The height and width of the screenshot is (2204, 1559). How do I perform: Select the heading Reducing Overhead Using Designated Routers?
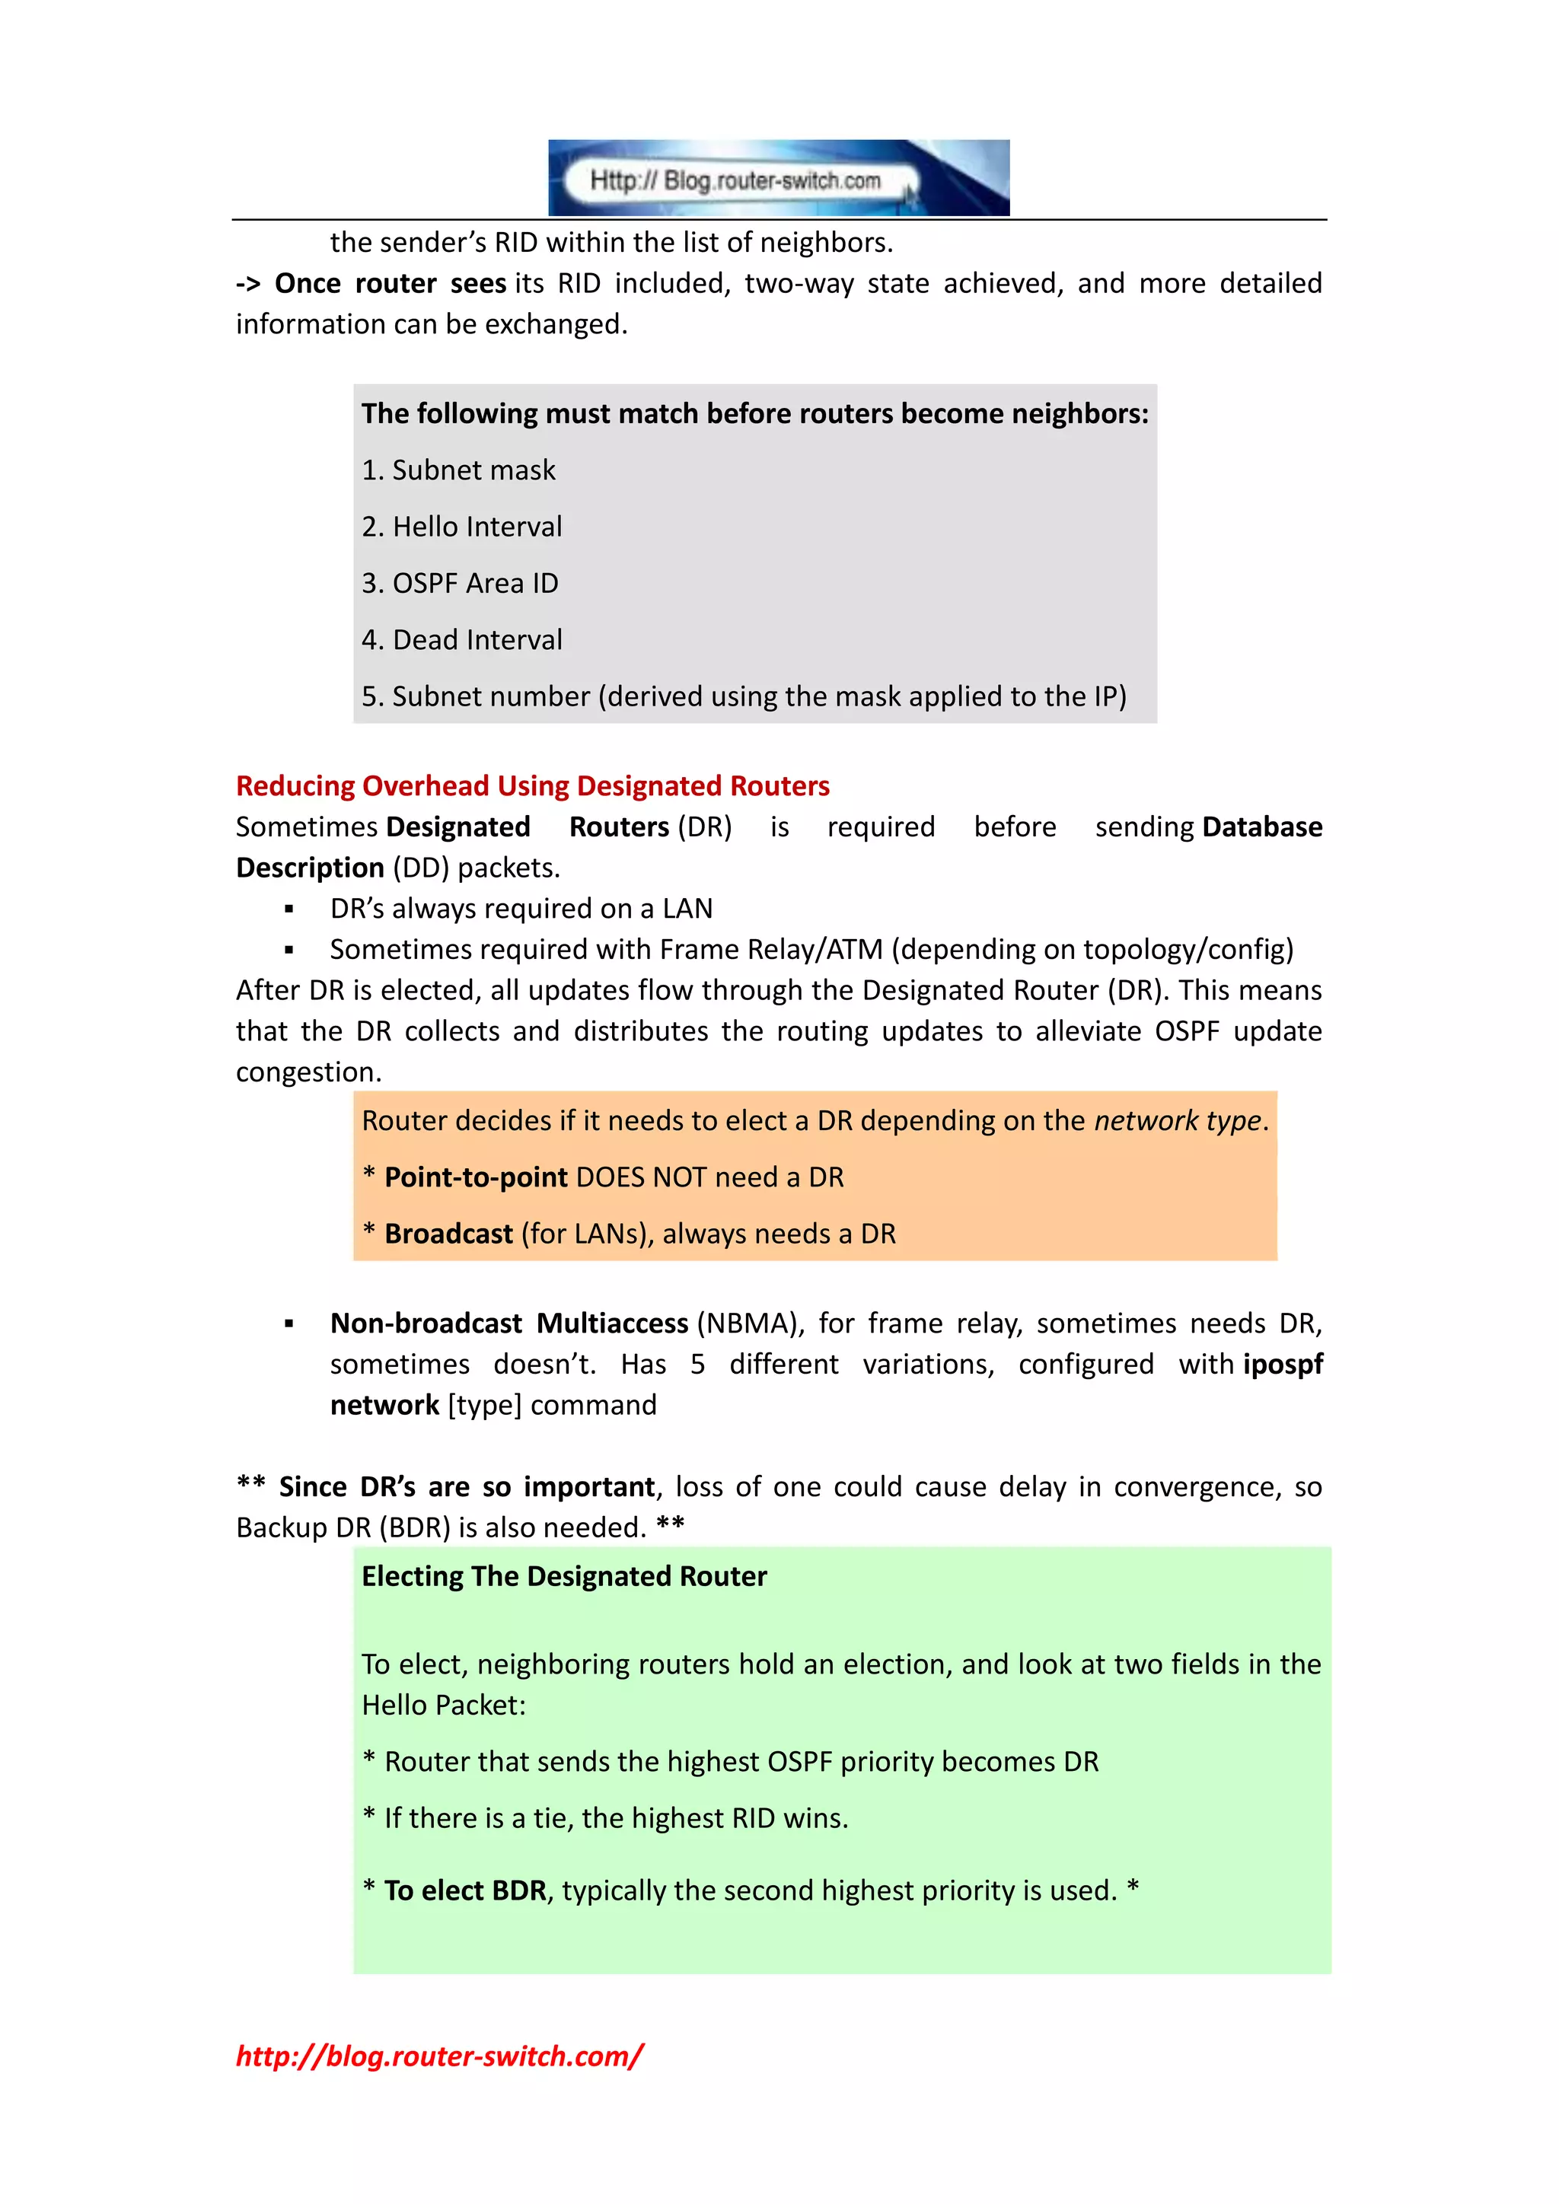click(532, 785)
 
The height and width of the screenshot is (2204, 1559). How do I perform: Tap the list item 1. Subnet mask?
click(458, 470)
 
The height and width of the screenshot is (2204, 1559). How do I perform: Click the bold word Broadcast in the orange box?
click(448, 1234)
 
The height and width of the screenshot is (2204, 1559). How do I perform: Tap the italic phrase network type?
click(1177, 1120)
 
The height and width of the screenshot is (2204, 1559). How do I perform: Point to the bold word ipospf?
click(1283, 1364)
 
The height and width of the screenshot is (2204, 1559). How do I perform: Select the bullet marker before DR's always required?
click(289, 909)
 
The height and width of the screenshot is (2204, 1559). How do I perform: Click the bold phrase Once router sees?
click(390, 283)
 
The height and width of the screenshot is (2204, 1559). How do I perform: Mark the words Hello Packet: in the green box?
click(444, 1705)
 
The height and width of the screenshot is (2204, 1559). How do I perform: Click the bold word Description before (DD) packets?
click(310, 868)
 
